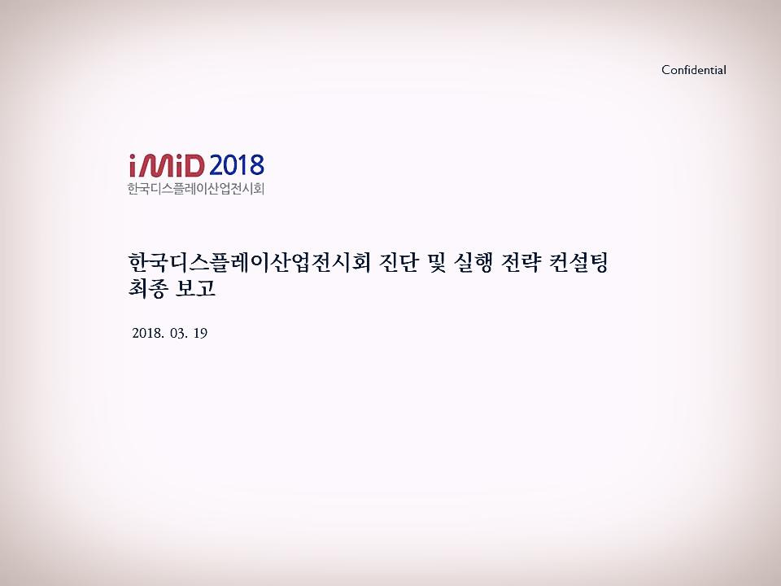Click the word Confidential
pos(693,70)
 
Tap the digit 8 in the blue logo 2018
pos(256,166)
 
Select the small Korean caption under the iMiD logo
pos(196,190)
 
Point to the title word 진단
pos(406,264)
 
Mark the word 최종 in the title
pos(148,288)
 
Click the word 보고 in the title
pos(198,288)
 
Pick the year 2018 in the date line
pos(146,334)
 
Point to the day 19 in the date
pos(201,334)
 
